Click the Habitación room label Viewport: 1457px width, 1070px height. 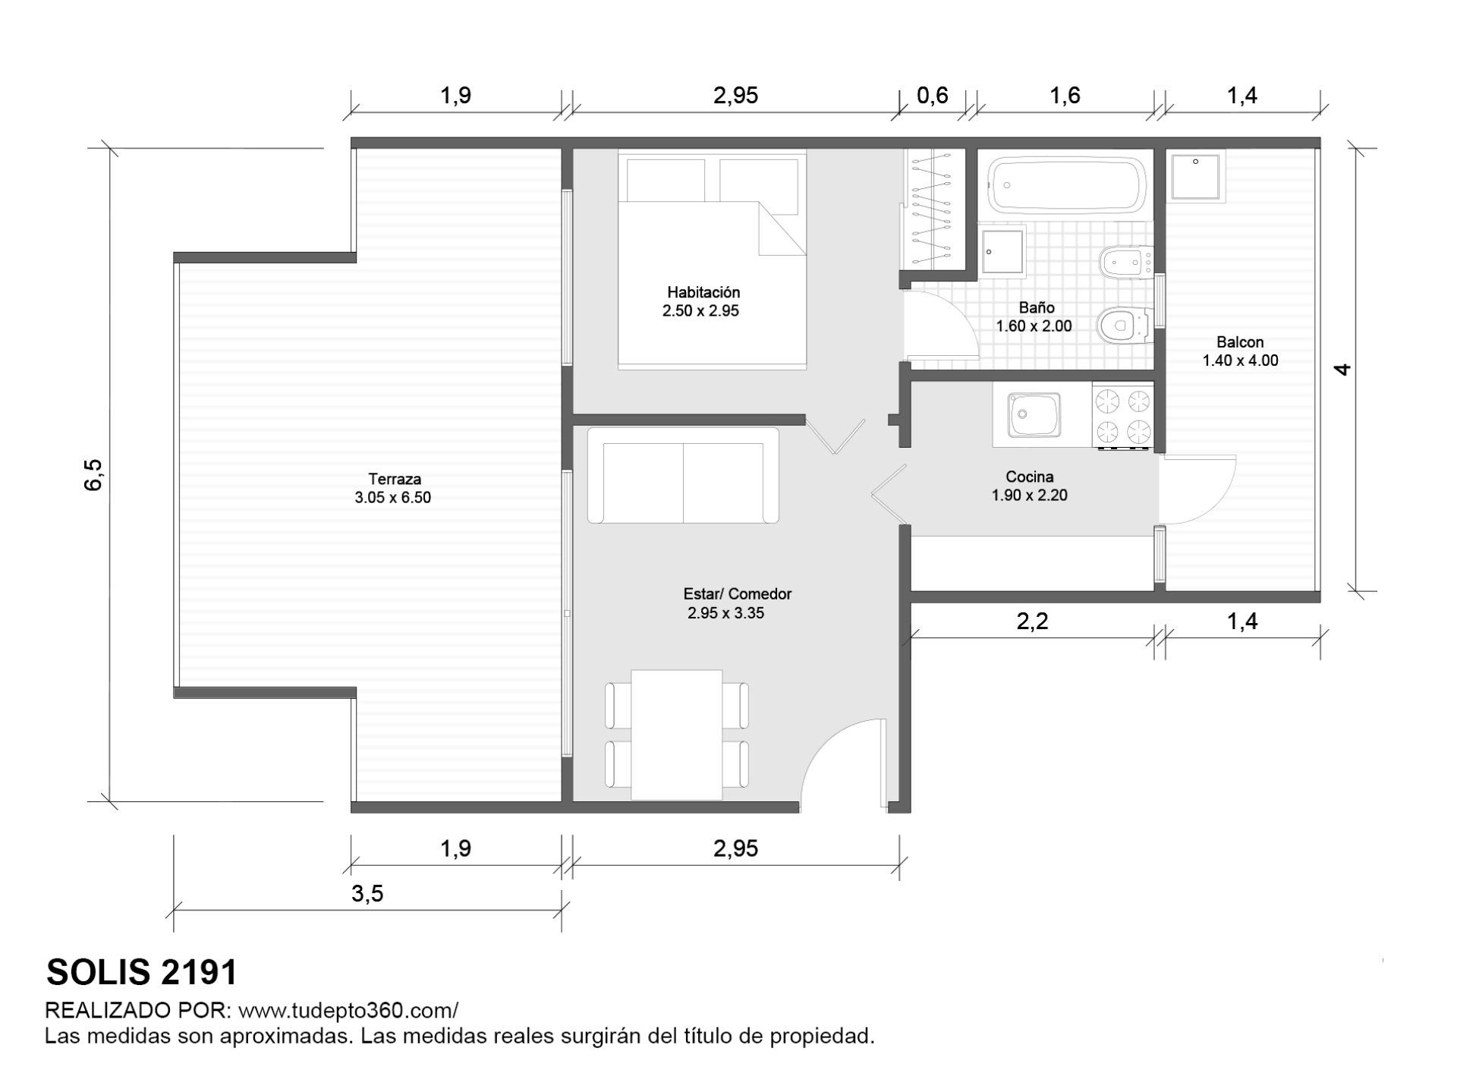703,292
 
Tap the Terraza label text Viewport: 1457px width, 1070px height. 395,479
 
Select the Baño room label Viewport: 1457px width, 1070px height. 1036,307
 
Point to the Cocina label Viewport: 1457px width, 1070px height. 1029,477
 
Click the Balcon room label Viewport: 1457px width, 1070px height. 1240,342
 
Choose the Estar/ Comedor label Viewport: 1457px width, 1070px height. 737,594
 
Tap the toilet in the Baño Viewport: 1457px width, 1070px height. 1123,326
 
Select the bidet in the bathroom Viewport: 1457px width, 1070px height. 1125,262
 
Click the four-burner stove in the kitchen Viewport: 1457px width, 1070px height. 1122,416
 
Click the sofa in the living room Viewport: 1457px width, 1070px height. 683,475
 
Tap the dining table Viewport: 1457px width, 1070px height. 676,735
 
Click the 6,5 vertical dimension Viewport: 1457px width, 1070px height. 93,475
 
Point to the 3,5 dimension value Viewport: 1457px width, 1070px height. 367,894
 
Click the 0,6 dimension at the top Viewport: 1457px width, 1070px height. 933,95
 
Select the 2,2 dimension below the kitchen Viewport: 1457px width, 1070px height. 1032,622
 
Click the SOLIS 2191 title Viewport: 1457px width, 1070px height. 142,972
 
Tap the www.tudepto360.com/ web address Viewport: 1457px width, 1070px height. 348,1011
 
